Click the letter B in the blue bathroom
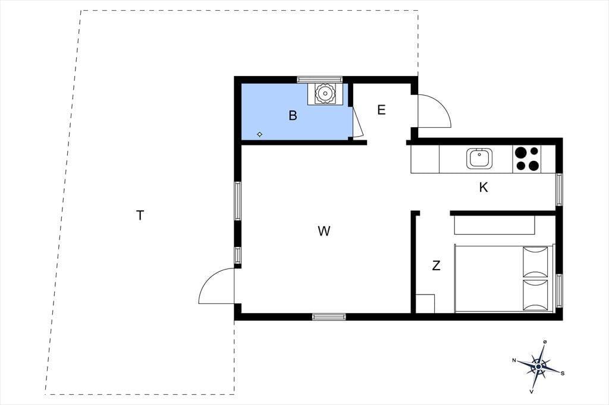click(293, 115)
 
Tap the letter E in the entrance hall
click(381, 110)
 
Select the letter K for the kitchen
click(483, 188)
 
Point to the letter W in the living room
click(324, 231)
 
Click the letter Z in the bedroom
click(436, 265)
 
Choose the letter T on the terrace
click(140, 215)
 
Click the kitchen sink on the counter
click(480, 159)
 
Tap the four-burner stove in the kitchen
click(528, 159)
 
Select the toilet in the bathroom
click(325, 93)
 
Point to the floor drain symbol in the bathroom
click(260, 135)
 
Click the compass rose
click(538, 366)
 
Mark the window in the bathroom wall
click(319, 80)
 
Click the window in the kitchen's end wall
click(559, 189)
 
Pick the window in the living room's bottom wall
click(329, 317)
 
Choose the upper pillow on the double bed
click(535, 262)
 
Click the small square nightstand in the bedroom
click(425, 303)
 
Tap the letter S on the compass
click(563, 373)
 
